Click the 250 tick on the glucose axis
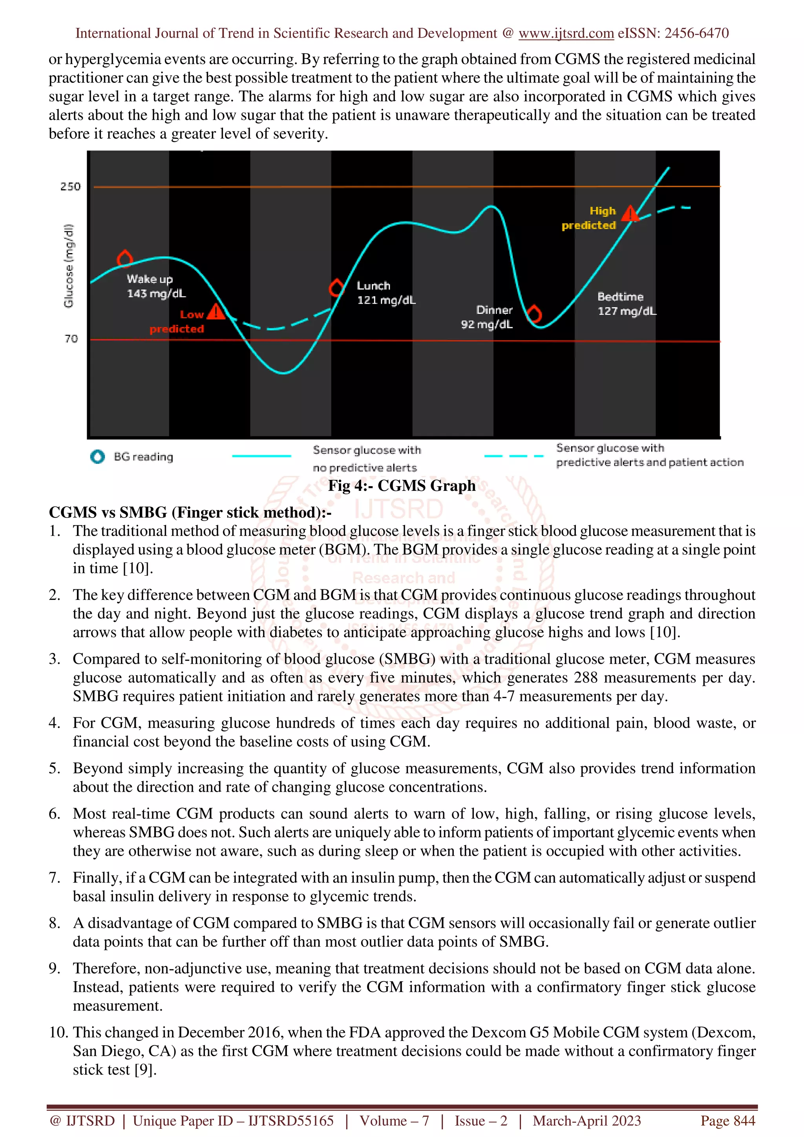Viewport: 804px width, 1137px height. point(70,187)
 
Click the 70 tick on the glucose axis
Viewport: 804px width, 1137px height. point(71,339)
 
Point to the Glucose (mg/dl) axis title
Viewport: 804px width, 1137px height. point(68,266)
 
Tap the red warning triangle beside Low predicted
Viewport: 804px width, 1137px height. point(216,312)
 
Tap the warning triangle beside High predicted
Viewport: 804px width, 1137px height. point(630,214)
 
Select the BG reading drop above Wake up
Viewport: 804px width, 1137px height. point(125,258)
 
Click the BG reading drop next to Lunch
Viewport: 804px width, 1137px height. point(337,287)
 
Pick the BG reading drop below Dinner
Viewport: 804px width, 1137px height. point(534,313)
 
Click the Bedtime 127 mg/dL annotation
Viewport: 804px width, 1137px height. point(627,304)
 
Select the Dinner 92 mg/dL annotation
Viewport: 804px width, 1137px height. point(487,317)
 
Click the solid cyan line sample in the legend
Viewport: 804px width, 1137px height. point(261,456)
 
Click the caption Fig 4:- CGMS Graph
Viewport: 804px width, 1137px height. point(402,486)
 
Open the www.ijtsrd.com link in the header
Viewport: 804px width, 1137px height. point(566,33)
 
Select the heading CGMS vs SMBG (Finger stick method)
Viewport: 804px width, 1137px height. point(190,512)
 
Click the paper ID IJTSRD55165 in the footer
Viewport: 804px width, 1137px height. point(291,1120)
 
